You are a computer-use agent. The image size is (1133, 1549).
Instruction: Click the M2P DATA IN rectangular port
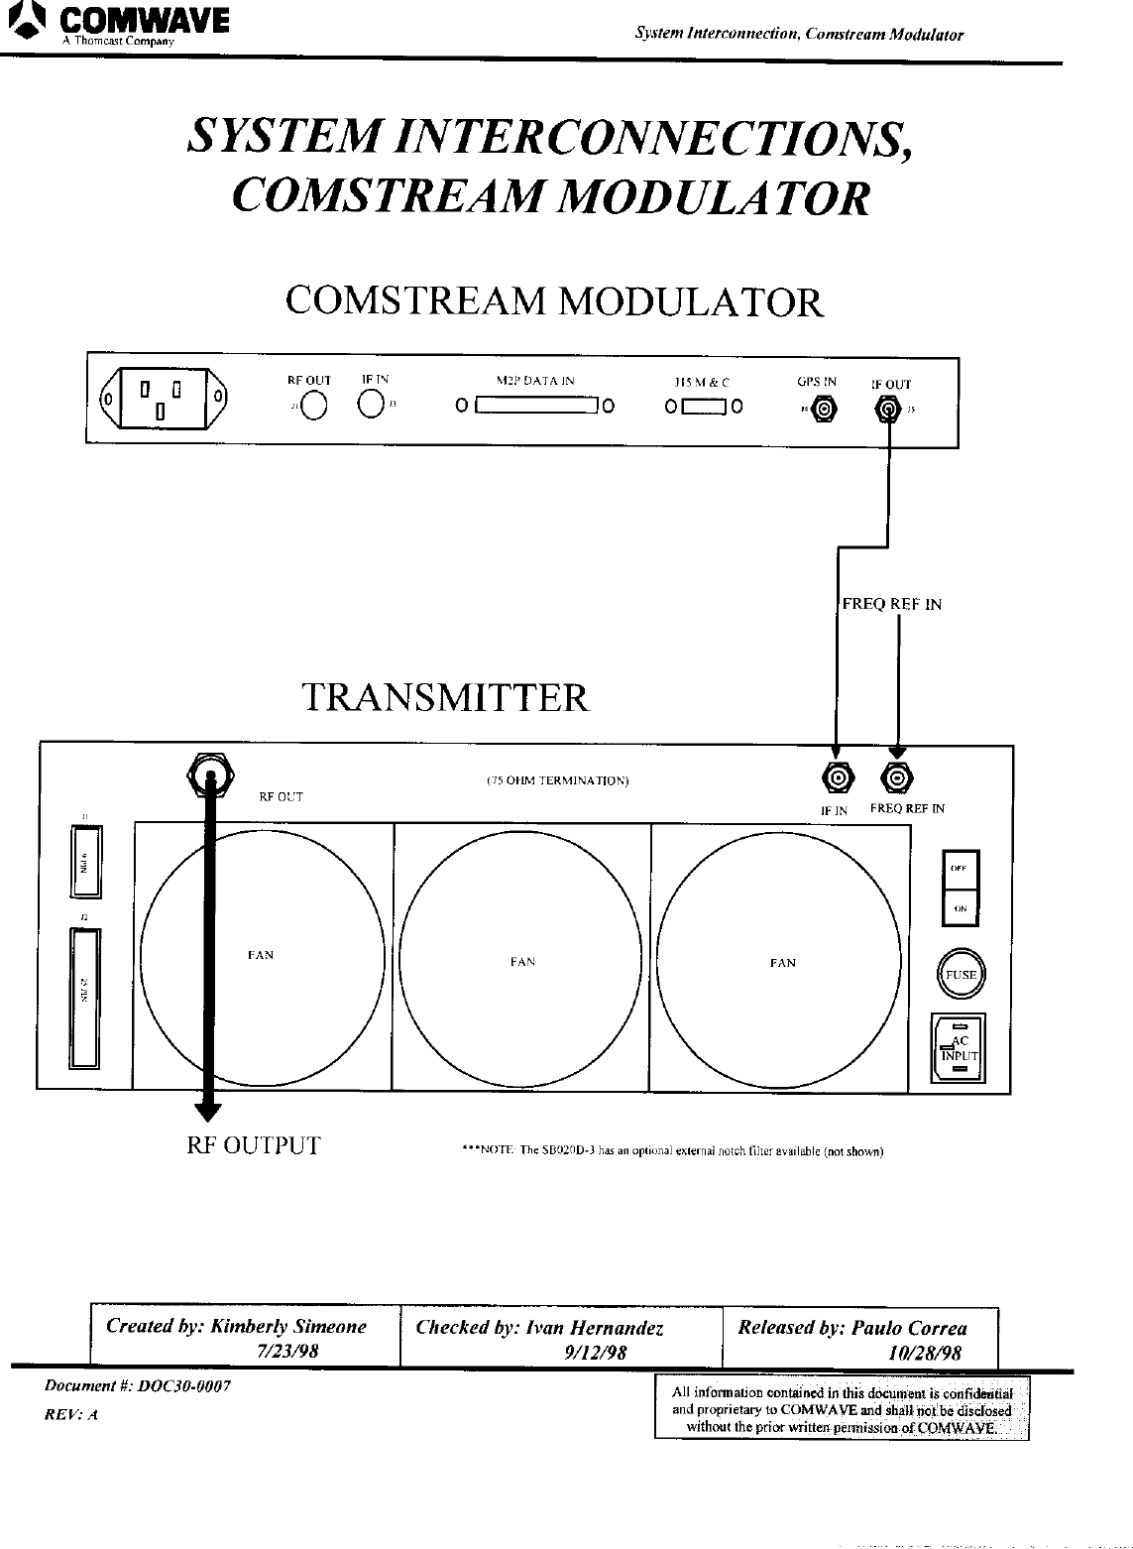pyautogui.click(x=535, y=406)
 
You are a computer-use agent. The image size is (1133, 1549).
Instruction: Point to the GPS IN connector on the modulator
pyautogui.click(x=823, y=408)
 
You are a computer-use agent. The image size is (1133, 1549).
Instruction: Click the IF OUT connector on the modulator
pyautogui.click(x=889, y=408)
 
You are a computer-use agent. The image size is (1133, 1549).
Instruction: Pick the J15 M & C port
pyautogui.click(x=705, y=406)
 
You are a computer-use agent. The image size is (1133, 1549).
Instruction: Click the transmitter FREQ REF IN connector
pyautogui.click(x=898, y=778)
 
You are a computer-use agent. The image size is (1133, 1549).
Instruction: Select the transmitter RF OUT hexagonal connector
pyautogui.click(x=209, y=773)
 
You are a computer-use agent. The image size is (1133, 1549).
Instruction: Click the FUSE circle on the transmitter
pyautogui.click(x=960, y=975)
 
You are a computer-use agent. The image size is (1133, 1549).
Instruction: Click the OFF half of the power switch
pyautogui.click(x=960, y=870)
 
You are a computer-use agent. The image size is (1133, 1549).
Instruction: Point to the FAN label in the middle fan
pyautogui.click(x=522, y=961)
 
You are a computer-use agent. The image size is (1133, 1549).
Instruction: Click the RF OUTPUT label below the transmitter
pyautogui.click(x=254, y=1146)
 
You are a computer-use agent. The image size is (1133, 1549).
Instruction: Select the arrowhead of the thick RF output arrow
pyautogui.click(x=209, y=1110)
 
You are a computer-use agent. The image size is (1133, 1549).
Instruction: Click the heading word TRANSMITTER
pyautogui.click(x=445, y=697)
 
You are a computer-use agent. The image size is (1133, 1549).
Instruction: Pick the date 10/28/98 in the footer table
pyautogui.click(x=924, y=1352)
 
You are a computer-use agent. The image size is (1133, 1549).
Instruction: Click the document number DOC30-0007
pyautogui.click(x=184, y=1386)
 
